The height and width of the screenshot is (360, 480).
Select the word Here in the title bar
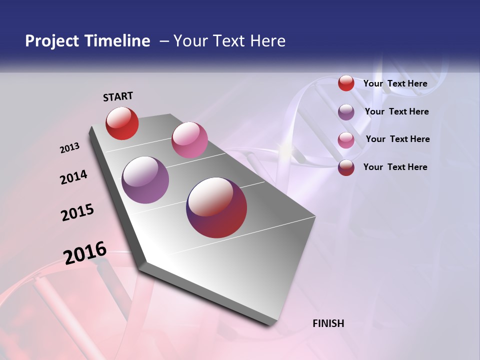[268, 41]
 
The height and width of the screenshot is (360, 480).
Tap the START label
[118, 96]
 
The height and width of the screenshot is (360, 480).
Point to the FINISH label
[328, 323]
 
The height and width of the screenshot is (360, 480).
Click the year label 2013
[70, 148]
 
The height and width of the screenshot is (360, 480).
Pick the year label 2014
[74, 177]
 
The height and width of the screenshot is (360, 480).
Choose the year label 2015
[77, 212]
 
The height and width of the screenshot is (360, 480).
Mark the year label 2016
[85, 253]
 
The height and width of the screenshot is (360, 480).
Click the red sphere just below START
[122, 123]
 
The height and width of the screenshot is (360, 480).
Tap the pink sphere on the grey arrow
[189, 139]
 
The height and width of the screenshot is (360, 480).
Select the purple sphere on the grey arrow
[145, 179]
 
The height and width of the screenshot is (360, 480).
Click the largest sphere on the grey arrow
[216, 207]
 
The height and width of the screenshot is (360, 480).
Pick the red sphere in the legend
[346, 83]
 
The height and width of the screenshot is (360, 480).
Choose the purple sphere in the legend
[346, 112]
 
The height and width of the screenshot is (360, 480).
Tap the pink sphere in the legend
[346, 140]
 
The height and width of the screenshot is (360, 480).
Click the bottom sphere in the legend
[346, 167]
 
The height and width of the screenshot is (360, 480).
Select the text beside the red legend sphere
[395, 83]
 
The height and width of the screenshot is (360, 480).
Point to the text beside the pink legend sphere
[397, 139]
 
